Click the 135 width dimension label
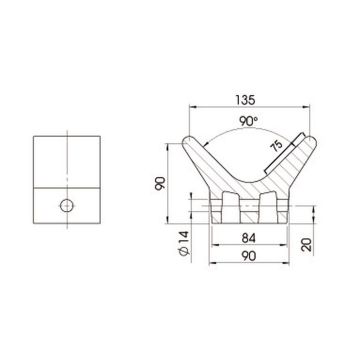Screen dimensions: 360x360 click(245, 100)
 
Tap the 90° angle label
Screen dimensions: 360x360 click(249, 122)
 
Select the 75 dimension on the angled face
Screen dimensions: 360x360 click(277, 146)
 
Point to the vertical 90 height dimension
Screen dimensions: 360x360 click(160, 183)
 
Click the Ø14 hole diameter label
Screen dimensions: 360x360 click(184, 243)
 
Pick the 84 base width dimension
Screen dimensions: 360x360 click(249, 238)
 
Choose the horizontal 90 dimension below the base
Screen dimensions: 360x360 click(249, 256)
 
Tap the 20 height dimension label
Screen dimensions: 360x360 click(306, 244)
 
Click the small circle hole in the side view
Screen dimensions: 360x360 click(67, 206)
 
